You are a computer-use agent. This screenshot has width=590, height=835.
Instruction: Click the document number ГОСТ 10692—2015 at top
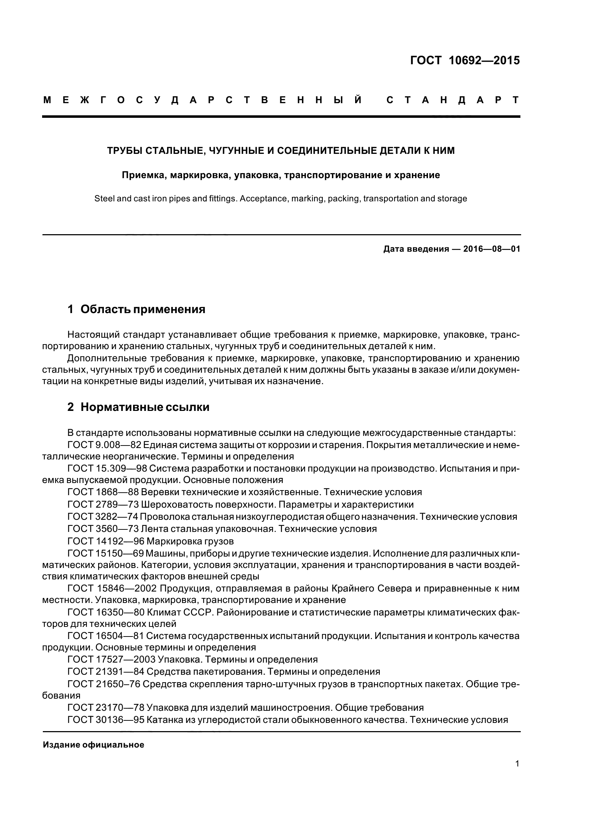click(x=465, y=60)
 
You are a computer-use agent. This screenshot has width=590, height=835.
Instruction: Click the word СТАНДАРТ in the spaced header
click(x=453, y=100)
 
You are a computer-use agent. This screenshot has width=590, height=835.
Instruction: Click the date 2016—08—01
click(x=492, y=249)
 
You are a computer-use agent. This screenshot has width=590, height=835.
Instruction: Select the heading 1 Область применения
click(x=136, y=310)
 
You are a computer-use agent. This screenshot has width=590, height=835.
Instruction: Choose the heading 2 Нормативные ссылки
click(x=138, y=407)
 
